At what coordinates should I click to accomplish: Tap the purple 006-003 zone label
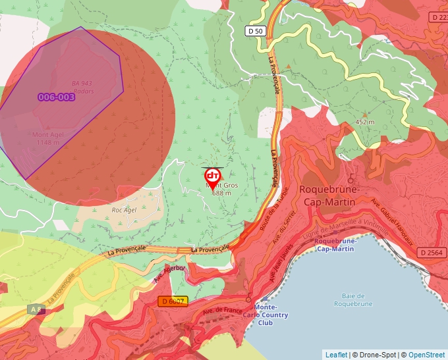tap(56, 97)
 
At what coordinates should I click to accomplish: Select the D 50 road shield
tap(255, 31)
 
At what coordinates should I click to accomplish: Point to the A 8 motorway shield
tap(36, 309)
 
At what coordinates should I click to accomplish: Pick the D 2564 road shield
tap(432, 253)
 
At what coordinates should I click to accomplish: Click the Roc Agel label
tap(124, 210)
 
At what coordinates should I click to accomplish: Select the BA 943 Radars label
tap(82, 87)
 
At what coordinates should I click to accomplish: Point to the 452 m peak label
tap(364, 122)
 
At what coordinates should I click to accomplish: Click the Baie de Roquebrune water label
tap(353, 299)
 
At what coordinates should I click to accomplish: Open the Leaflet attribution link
tap(336, 355)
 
